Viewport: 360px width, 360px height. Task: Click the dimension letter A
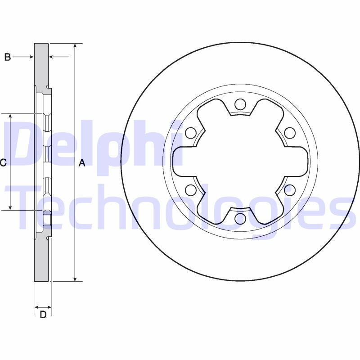tap(82, 163)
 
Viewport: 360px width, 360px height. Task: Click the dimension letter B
tap(8, 57)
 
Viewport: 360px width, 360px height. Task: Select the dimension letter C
tap(3, 163)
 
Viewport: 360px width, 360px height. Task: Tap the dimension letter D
tap(43, 315)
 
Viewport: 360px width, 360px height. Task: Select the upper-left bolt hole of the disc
tap(191, 133)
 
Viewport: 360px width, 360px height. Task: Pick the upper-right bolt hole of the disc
tap(290, 133)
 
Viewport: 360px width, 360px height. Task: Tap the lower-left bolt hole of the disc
tap(191, 190)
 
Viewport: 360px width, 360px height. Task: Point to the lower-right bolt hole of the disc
tap(290, 190)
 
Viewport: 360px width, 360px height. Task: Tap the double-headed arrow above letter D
tap(43, 307)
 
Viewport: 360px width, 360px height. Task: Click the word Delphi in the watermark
tap(90, 144)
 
